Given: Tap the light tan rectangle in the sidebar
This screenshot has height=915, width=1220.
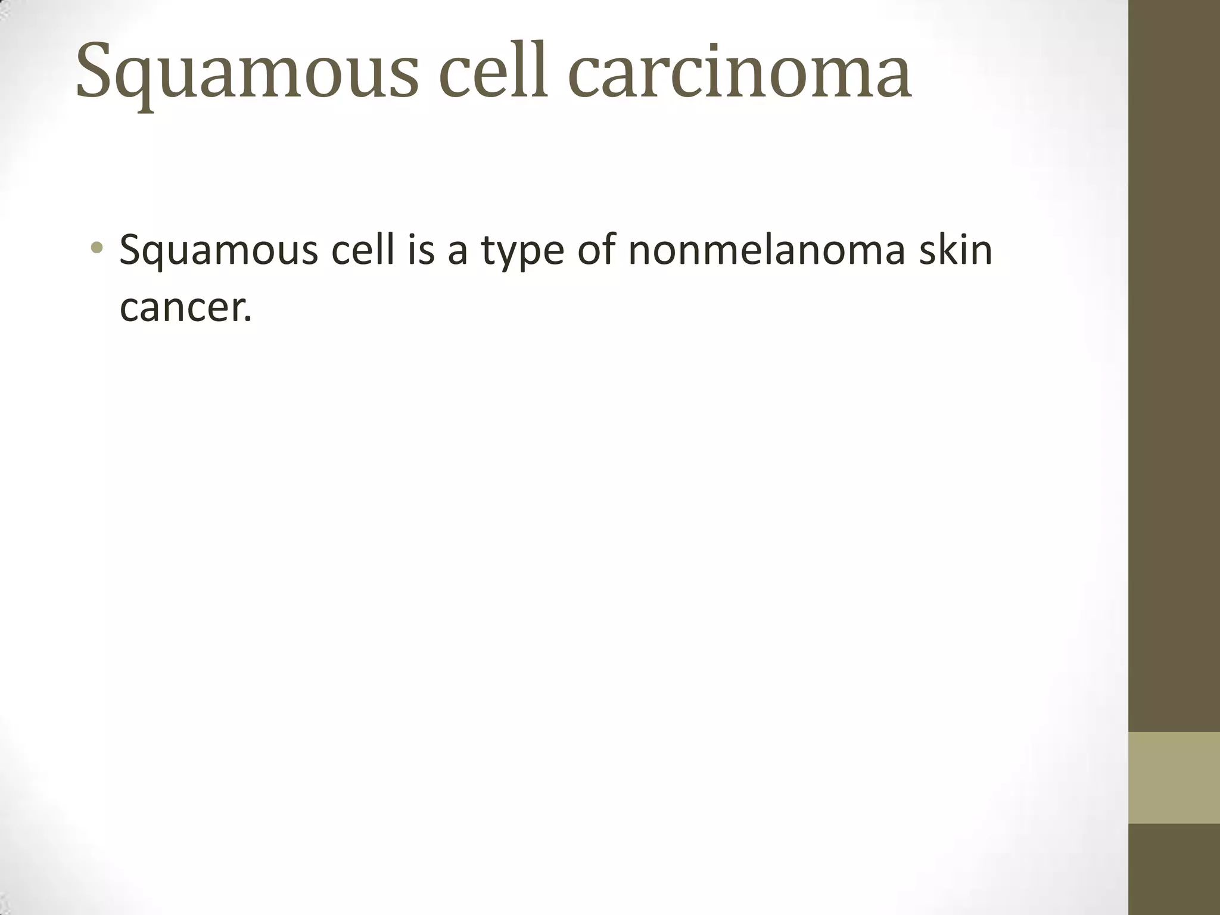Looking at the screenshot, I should click(1174, 777).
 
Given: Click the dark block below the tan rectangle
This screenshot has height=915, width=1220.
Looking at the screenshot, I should click(1174, 869).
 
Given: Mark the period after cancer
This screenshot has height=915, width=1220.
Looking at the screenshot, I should click(248, 319).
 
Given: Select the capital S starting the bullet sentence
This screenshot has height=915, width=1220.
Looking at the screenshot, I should click(132, 250).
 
